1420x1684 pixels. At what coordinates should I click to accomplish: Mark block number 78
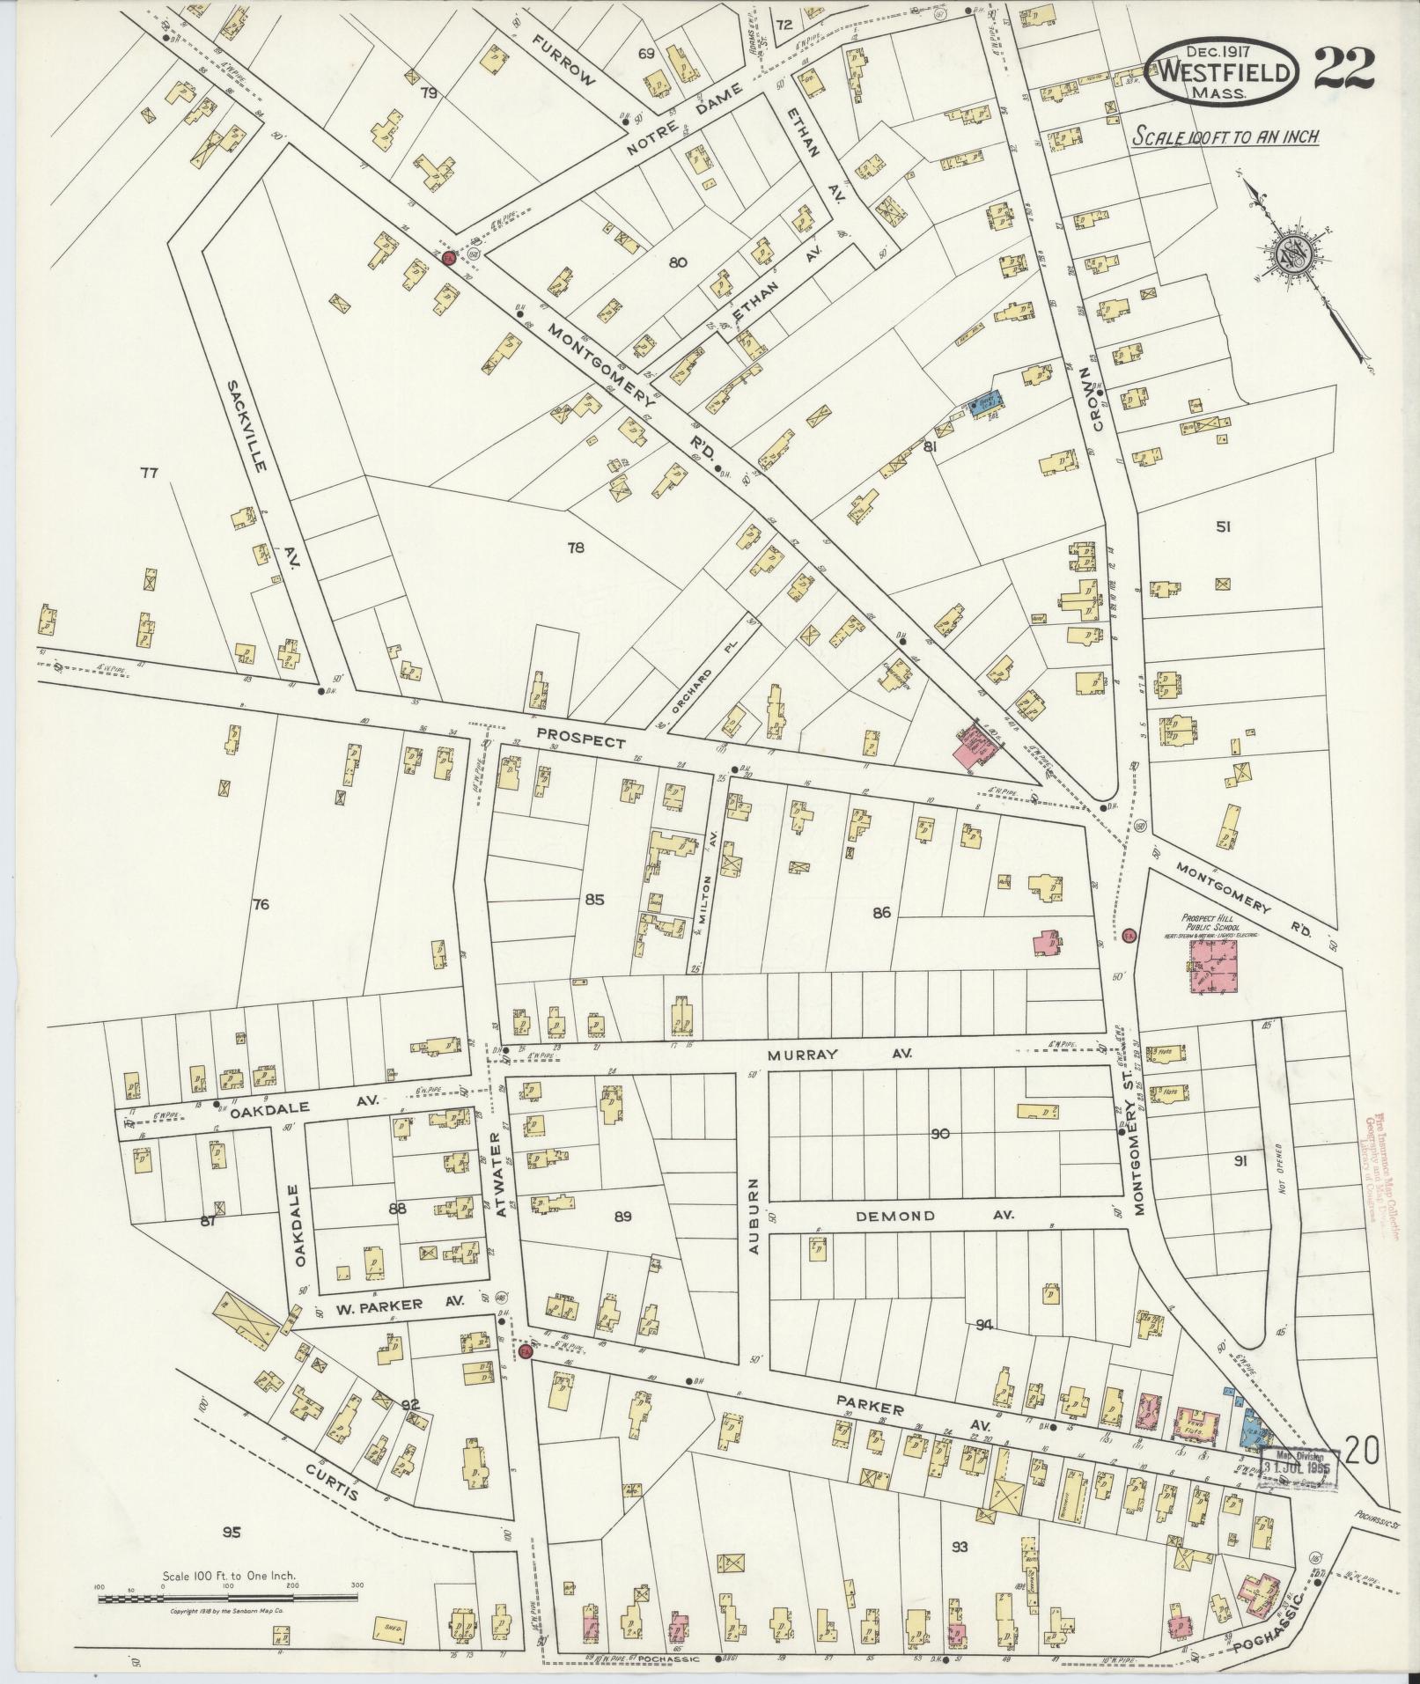[x=576, y=548]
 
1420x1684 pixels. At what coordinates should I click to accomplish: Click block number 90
[x=940, y=1133]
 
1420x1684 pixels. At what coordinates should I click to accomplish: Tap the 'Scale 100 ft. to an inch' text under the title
[x=1225, y=137]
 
